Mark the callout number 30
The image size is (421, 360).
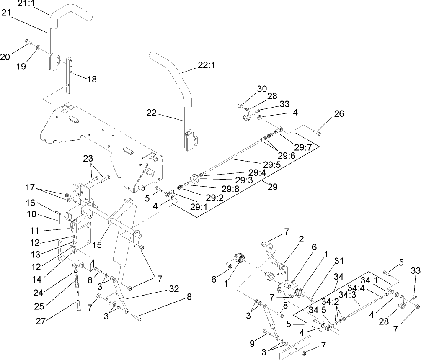(x=262, y=89)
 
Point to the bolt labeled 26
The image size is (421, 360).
(x=318, y=132)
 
